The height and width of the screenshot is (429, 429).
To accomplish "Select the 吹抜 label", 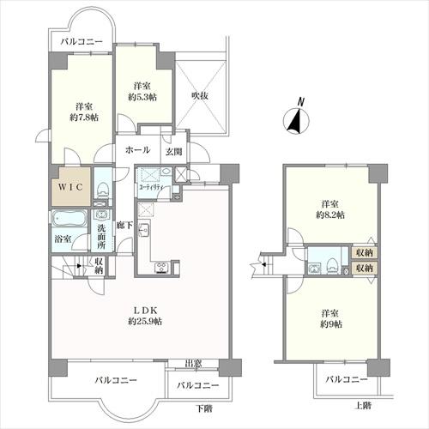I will [x=200, y=95].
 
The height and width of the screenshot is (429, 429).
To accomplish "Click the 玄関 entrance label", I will [x=174, y=152].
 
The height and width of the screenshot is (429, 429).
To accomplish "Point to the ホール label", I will [x=136, y=150].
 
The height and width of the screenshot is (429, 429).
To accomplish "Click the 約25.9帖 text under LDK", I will [x=142, y=320].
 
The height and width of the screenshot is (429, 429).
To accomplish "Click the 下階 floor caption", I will [x=203, y=407].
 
